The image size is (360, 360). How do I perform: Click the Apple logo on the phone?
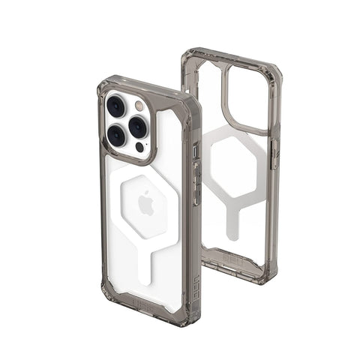[147, 202]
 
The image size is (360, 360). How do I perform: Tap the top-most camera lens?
[117, 105]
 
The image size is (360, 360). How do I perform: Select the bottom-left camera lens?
[116, 135]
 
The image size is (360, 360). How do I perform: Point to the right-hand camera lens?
[138, 126]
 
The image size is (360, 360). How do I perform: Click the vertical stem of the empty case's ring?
[232, 221]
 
